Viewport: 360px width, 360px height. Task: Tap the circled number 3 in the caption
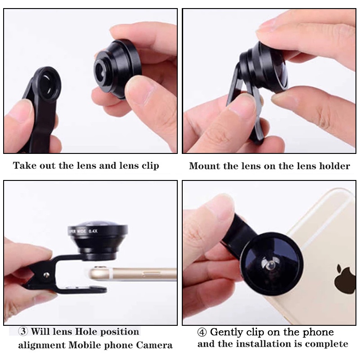[23, 331]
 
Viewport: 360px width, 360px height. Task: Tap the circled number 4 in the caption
[202, 332]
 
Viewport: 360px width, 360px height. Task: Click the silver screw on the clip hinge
[47, 274]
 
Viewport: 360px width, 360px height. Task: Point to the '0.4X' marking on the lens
[93, 231]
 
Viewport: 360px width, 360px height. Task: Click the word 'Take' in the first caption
[25, 165]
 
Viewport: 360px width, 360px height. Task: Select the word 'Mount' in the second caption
[204, 166]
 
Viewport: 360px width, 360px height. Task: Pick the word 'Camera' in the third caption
[154, 345]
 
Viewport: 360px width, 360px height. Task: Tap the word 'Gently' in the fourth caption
[227, 333]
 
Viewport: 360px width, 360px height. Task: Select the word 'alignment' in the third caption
[42, 345]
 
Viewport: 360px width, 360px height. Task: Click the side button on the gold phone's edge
[151, 273]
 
